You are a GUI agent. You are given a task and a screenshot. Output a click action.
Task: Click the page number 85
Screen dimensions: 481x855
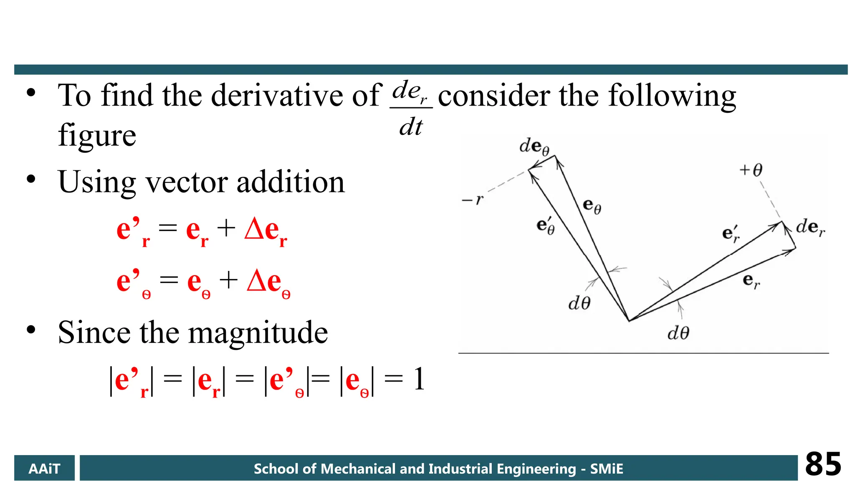[823, 464]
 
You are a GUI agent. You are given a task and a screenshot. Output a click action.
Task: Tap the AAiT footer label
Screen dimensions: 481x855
[44, 468]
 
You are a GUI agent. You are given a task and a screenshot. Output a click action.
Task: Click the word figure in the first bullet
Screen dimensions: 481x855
[97, 135]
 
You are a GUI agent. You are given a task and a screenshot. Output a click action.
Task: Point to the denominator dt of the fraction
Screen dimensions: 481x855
[411, 127]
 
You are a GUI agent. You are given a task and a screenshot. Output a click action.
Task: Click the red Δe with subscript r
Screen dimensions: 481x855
[266, 231]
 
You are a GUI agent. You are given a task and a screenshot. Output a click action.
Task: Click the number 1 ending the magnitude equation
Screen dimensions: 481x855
[419, 379]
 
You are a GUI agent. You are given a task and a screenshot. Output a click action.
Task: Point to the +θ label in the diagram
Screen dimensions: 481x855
[751, 170]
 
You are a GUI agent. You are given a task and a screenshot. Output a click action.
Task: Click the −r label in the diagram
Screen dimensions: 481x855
[472, 200]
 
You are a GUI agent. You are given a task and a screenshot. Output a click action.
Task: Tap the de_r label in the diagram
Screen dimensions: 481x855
[810, 228]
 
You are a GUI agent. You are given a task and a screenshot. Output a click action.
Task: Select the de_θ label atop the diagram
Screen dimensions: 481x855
[534, 147]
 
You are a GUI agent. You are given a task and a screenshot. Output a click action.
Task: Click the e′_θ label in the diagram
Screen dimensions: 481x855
[546, 226]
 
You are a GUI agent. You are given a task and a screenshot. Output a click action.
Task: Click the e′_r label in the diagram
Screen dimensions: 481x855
[731, 234]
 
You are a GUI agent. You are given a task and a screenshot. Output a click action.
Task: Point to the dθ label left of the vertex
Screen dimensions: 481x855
[579, 303]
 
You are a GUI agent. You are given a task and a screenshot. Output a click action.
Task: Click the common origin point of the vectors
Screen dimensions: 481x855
[629, 321]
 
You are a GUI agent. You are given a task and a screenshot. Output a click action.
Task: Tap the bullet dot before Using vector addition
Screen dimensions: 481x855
[31, 179]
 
